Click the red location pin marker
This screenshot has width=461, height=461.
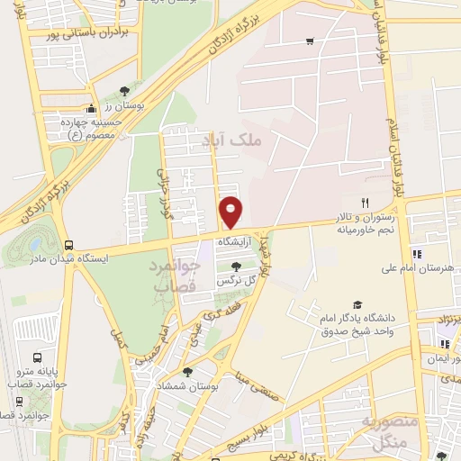tap(231, 212)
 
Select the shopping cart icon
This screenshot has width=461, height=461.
tap(310, 41)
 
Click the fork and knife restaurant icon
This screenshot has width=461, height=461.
tap(365, 203)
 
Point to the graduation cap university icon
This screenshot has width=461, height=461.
tap(357, 305)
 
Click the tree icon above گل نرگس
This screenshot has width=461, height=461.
tap(235, 267)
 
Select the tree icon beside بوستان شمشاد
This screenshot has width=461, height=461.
tap(187, 370)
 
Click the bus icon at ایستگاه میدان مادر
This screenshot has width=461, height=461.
tap(69, 245)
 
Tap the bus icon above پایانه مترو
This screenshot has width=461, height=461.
tap(37, 357)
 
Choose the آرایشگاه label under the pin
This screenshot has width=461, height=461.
tap(234, 242)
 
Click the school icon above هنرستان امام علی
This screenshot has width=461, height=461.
tap(417, 253)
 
